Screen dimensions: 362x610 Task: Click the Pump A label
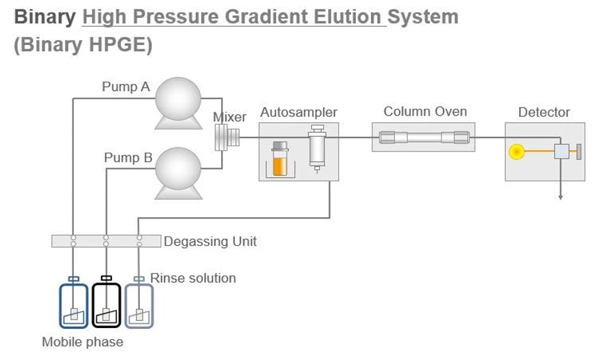pyautogui.click(x=125, y=87)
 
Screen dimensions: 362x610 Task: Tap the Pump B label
pyautogui.click(x=127, y=158)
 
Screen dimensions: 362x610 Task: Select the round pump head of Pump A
pyautogui.click(x=178, y=99)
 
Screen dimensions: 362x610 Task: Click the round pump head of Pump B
pyautogui.click(x=178, y=169)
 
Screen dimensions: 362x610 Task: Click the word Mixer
pyautogui.click(x=230, y=118)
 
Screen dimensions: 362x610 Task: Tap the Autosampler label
pyautogui.click(x=298, y=112)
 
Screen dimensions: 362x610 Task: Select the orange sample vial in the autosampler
pyautogui.click(x=280, y=161)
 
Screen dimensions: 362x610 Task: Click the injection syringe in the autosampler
pyautogui.click(x=317, y=148)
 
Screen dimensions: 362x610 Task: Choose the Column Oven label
pyautogui.click(x=425, y=112)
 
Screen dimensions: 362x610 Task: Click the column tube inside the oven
pyautogui.click(x=424, y=138)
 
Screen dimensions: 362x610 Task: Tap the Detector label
pyautogui.click(x=544, y=112)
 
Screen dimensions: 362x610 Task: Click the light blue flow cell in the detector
pyautogui.click(x=562, y=152)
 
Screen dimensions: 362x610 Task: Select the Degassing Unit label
pyautogui.click(x=210, y=242)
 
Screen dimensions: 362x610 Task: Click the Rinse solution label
pyautogui.click(x=192, y=278)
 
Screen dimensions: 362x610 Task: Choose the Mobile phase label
pyautogui.click(x=82, y=342)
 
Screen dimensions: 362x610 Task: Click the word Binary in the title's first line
pyautogui.click(x=44, y=17)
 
